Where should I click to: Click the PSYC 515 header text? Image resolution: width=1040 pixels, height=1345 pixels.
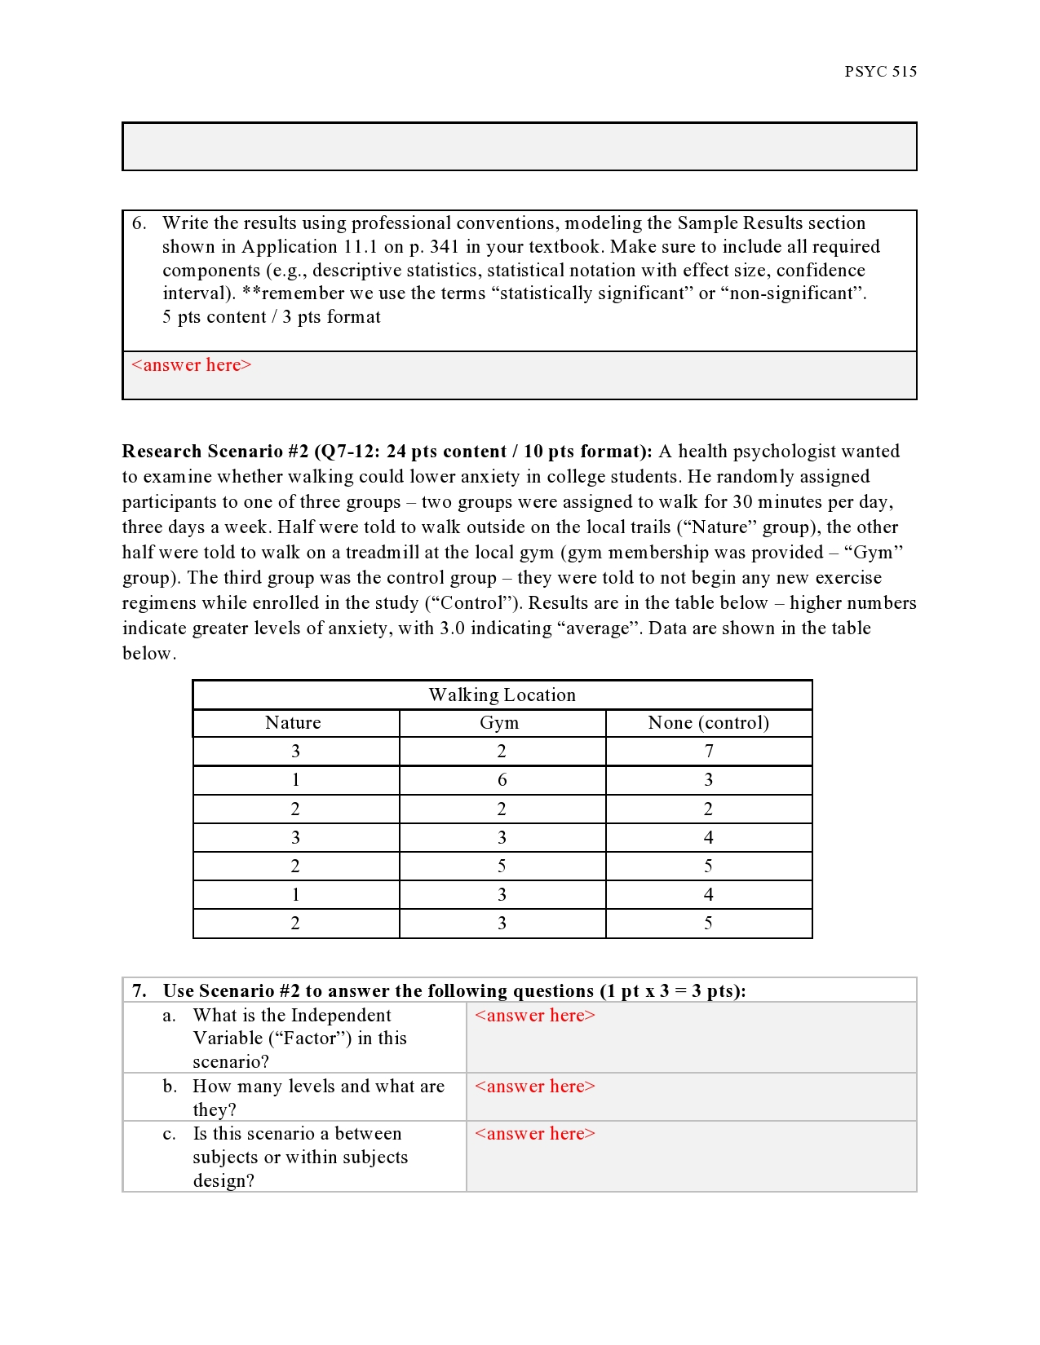click(x=880, y=72)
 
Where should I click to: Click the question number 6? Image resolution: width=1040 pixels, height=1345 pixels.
click(x=139, y=223)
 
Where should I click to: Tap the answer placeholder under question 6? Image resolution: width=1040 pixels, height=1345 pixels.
click(x=192, y=365)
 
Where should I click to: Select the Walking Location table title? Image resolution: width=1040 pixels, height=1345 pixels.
click(x=502, y=695)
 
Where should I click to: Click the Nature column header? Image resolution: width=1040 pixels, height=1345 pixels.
click(x=294, y=723)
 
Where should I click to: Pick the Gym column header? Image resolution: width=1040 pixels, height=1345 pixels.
click(x=499, y=723)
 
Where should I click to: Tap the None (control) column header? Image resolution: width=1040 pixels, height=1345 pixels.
click(x=708, y=723)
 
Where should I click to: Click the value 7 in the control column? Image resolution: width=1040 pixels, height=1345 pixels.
click(x=709, y=752)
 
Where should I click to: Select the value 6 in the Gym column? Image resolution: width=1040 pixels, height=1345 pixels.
click(x=502, y=780)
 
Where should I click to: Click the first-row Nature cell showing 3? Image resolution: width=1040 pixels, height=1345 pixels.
click(x=295, y=752)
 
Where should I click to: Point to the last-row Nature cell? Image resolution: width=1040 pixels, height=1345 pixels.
click(x=295, y=924)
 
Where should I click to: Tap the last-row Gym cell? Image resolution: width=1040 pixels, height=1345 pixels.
click(x=502, y=924)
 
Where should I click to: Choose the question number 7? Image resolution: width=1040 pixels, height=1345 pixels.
click(x=139, y=991)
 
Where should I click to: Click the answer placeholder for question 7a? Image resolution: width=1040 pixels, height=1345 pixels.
click(x=535, y=1016)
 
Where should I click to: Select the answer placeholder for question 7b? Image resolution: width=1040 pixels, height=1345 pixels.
click(x=535, y=1087)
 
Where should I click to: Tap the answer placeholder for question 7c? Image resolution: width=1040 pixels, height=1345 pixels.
click(x=535, y=1134)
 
